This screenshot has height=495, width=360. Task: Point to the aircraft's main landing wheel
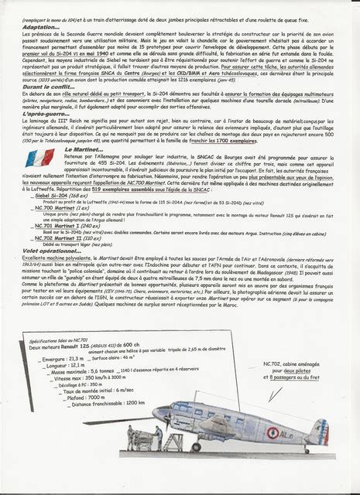tap(198, 446)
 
